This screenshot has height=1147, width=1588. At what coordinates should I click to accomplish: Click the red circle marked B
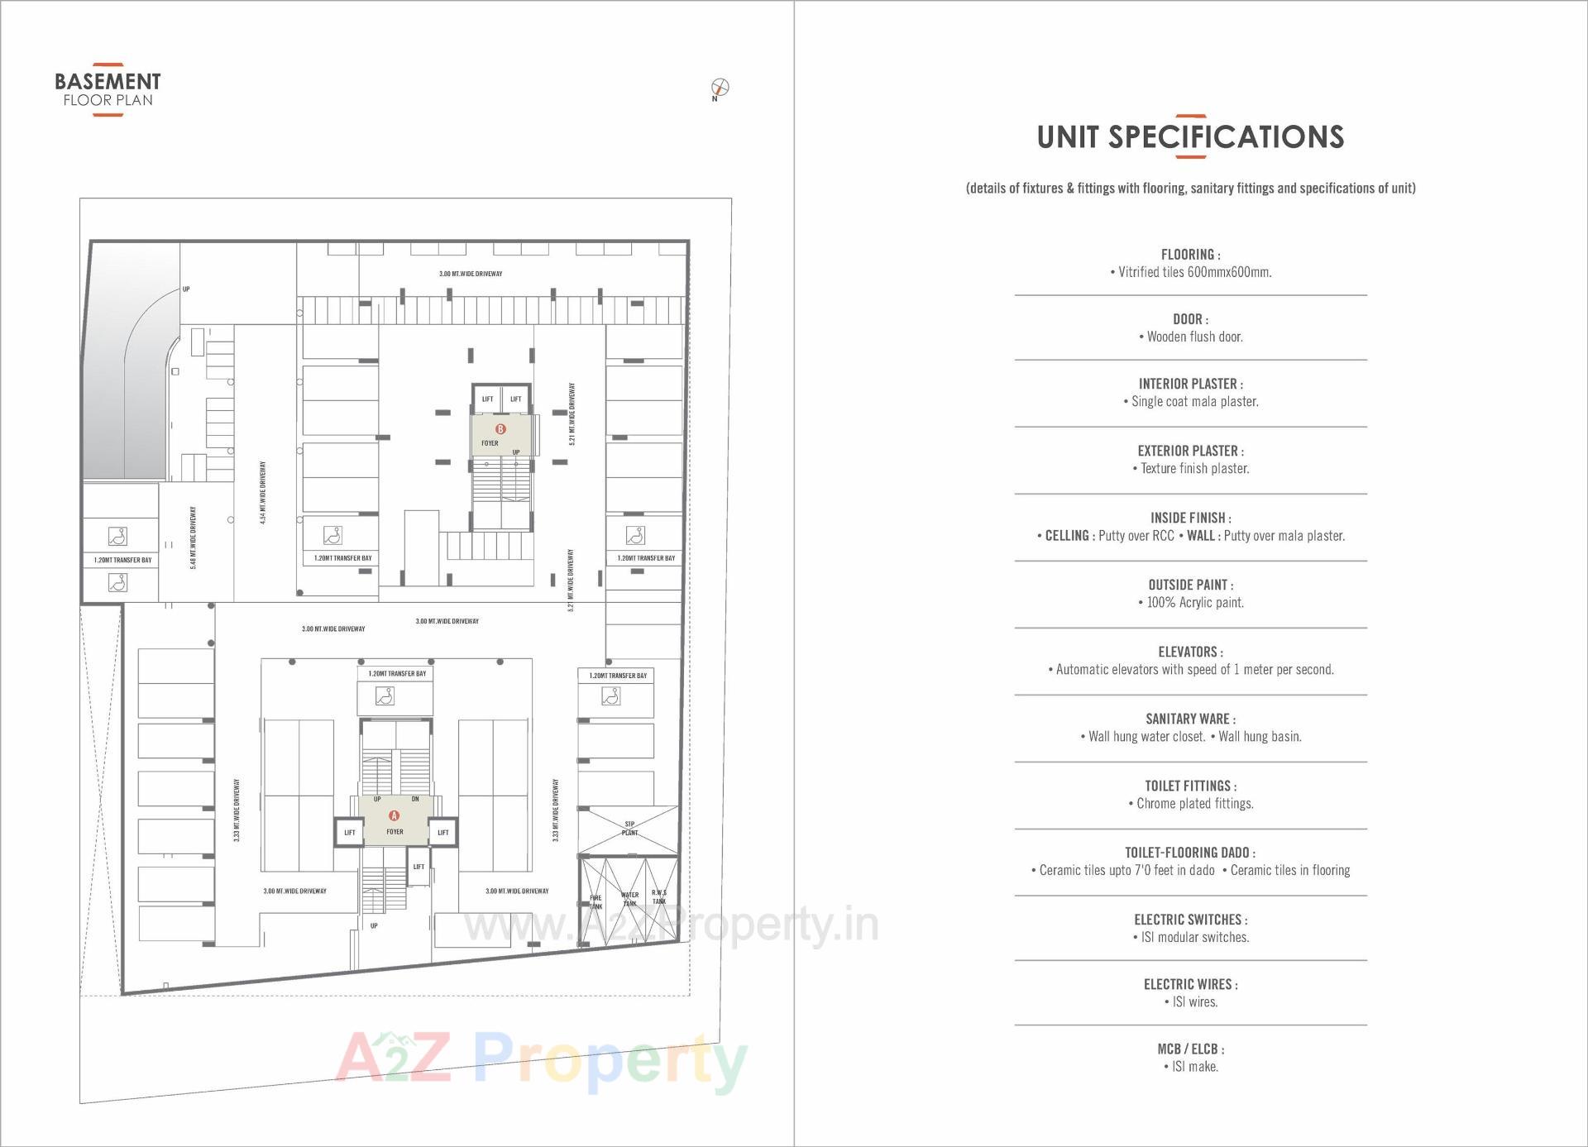(x=500, y=429)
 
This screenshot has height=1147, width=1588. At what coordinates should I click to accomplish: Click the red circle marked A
(x=395, y=815)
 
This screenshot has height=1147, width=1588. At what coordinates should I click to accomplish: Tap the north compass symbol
(x=720, y=87)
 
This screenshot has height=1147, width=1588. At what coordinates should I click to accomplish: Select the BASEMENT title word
(x=108, y=82)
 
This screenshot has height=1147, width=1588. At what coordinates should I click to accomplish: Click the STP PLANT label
(x=629, y=829)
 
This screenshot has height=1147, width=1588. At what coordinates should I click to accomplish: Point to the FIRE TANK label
(x=595, y=902)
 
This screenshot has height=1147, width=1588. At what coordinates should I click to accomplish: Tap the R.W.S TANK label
(x=658, y=897)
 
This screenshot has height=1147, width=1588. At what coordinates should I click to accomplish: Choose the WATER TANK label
(x=629, y=899)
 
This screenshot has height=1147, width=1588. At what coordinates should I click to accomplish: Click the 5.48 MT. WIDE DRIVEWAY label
(x=194, y=538)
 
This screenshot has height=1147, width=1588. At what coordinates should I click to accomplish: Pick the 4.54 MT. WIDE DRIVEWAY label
(x=263, y=493)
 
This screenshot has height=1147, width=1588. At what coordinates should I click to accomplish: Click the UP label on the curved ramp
(x=186, y=289)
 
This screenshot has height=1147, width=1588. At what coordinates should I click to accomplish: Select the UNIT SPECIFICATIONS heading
(x=1190, y=137)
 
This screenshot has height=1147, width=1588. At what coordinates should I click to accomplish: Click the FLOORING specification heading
(x=1190, y=255)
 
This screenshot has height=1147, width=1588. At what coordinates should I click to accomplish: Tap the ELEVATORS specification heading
(x=1190, y=652)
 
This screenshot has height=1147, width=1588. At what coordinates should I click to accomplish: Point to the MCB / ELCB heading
(x=1190, y=1049)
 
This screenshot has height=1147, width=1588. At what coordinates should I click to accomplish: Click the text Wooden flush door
(x=1194, y=337)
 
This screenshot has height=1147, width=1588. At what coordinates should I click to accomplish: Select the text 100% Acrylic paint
(x=1194, y=603)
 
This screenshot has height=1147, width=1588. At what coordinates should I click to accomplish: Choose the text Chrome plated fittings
(x=1194, y=804)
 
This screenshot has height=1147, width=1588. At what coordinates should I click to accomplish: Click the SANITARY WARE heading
(x=1190, y=719)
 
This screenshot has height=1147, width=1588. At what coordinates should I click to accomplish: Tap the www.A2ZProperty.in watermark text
(x=671, y=925)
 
